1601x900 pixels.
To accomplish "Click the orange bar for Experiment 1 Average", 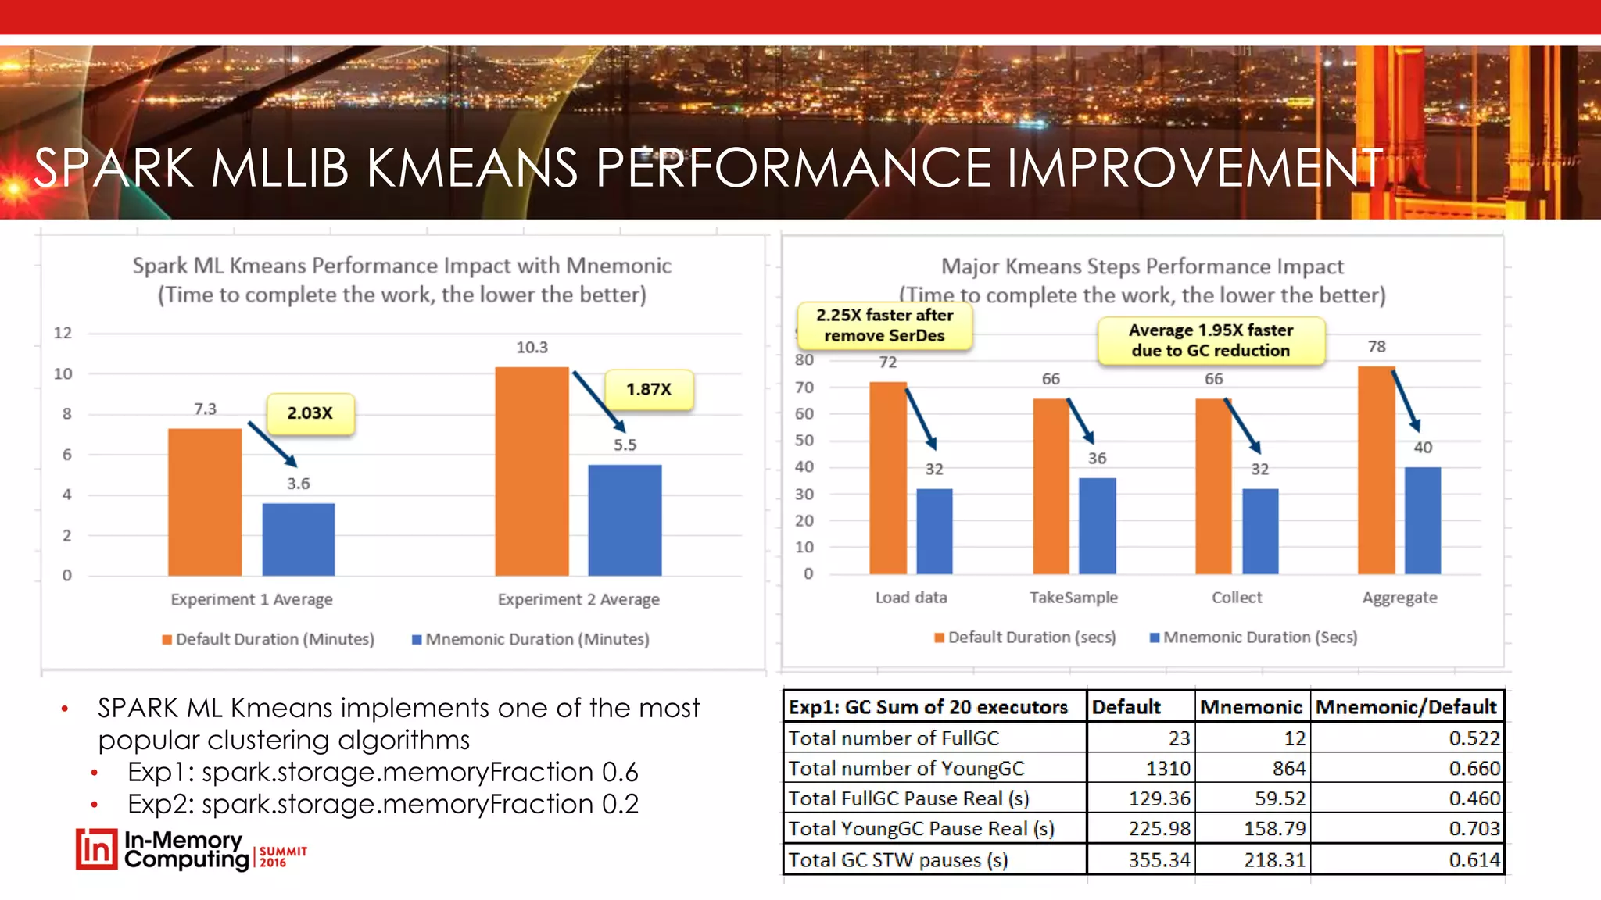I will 205,502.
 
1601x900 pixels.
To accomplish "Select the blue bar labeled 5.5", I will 625,520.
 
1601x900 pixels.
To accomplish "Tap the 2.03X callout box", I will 310,413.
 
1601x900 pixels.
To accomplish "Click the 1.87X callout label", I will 649,389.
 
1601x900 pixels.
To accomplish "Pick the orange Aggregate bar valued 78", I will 1376,470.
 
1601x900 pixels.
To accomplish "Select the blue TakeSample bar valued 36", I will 1097,525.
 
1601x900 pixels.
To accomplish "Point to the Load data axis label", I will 911,598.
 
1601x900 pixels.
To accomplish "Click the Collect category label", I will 1237,598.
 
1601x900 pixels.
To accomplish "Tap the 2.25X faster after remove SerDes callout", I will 884,325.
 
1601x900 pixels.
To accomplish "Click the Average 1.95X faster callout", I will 1211,341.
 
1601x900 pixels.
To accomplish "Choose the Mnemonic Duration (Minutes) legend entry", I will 531,639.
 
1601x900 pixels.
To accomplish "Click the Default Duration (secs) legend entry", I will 1025,637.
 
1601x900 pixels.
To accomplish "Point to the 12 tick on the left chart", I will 63,333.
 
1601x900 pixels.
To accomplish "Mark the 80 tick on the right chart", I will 804,360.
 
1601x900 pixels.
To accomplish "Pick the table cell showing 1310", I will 1167,769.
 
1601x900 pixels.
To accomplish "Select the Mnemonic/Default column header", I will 1406,707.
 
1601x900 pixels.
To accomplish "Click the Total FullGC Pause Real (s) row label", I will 908,798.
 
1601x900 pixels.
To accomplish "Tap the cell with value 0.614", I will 1474,860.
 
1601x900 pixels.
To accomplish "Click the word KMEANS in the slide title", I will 471,168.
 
